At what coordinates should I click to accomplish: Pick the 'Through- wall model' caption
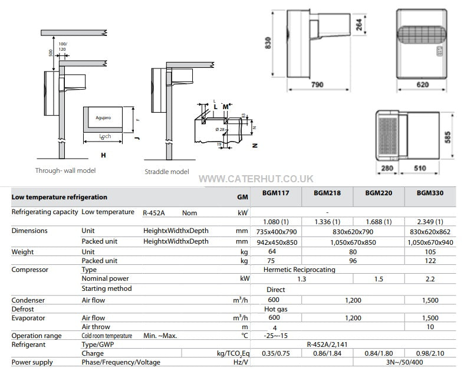click(65, 170)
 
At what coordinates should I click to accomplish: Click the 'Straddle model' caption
click(167, 172)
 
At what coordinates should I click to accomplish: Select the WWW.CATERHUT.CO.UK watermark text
click(256, 178)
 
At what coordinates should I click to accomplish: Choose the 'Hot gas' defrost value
click(275, 309)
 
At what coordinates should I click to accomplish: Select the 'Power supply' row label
click(32, 362)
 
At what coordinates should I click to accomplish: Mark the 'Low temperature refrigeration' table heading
click(60, 197)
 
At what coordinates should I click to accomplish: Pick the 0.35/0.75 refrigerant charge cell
click(275, 353)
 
